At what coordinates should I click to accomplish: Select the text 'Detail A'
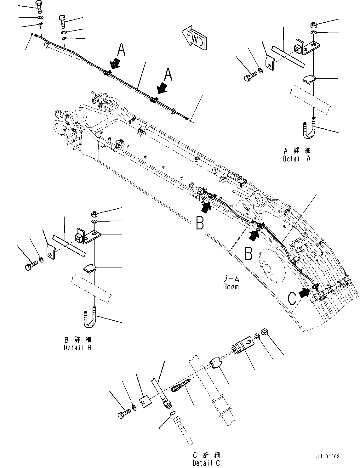(x=296, y=159)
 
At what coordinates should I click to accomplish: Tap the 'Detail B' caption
(x=77, y=348)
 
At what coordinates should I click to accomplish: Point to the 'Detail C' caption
(x=206, y=463)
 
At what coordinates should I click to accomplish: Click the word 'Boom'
(x=231, y=287)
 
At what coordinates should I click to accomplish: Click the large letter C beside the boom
(x=292, y=298)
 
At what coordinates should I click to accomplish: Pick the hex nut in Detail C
(x=265, y=331)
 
